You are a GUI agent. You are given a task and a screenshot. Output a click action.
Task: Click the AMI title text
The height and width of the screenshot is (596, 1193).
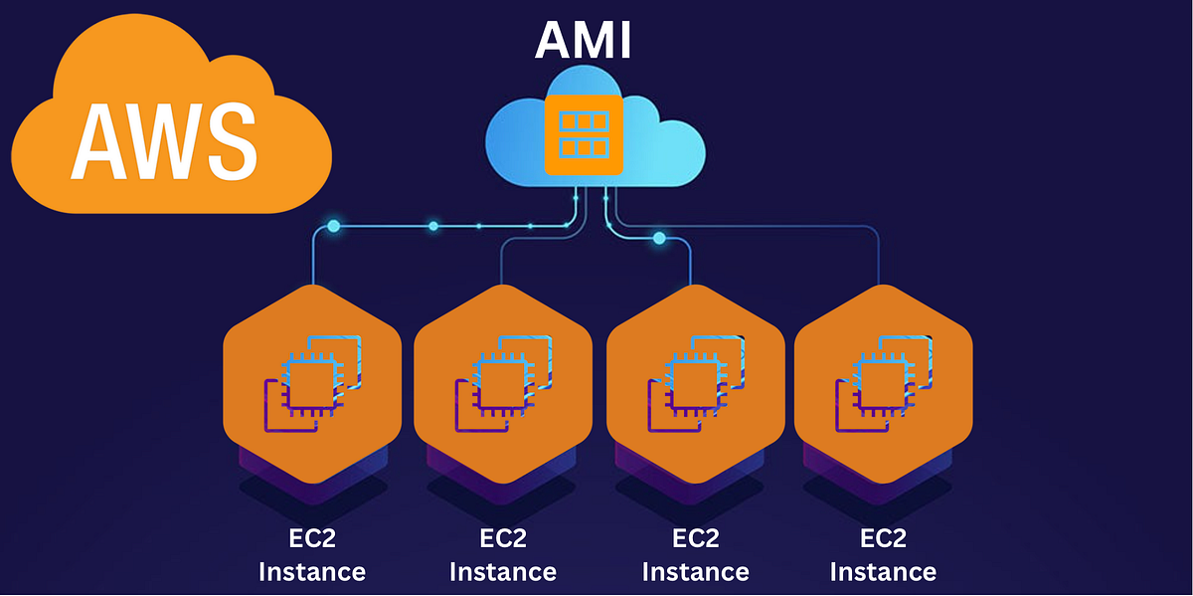tap(584, 41)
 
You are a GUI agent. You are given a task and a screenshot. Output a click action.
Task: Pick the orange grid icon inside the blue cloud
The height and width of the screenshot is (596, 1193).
tap(584, 134)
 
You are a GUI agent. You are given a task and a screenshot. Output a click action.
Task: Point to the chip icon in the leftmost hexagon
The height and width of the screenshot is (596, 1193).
tap(310, 383)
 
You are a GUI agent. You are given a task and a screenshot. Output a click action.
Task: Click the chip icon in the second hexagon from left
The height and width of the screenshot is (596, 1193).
tap(502, 383)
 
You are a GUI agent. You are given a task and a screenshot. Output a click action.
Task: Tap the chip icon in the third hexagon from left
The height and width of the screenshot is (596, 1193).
tap(694, 383)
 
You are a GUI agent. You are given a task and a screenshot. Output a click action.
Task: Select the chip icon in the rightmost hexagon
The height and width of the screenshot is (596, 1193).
tap(882, 383)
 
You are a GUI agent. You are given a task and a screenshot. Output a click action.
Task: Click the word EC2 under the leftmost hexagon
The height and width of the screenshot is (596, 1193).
tap(311, 538)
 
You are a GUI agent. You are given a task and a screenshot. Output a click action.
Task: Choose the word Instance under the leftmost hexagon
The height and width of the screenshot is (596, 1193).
tap(311, 572)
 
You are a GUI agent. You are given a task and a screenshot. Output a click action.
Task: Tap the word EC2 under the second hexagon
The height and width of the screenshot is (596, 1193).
tap(502, 538)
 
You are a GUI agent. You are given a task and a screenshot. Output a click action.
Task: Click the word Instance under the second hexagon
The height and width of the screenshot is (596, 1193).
tap(502, 572)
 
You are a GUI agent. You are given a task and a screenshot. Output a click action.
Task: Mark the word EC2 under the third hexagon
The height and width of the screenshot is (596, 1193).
tap(695, 538)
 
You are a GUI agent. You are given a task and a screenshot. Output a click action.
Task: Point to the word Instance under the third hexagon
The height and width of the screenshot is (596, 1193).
tap(695, 572)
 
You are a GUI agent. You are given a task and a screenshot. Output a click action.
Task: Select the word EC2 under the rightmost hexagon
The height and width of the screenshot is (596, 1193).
tap(883, 538)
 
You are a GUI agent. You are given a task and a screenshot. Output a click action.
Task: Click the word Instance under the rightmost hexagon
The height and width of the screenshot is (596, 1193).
tap(883, 572)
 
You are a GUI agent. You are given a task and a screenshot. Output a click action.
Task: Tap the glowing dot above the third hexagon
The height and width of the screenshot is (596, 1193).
tap(658, 238)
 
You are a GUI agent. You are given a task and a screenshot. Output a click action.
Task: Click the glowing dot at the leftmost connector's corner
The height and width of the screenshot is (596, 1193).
tap(333, 227)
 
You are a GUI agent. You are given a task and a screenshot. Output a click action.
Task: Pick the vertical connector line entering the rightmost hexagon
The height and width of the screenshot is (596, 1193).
tap(880, 264)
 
